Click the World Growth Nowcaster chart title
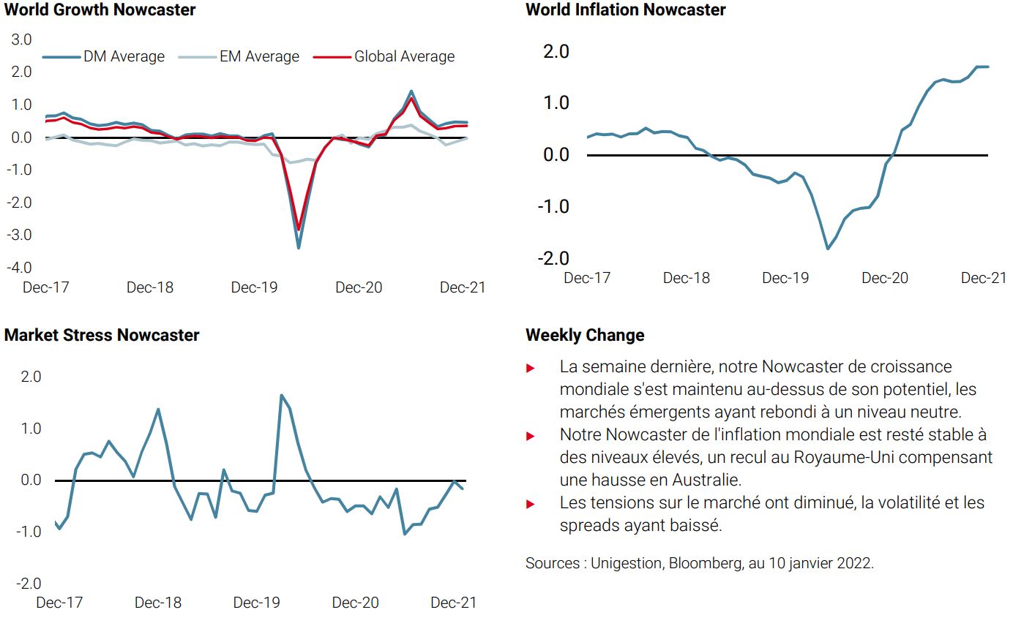[100, 10]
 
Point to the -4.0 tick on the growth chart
[19, 267]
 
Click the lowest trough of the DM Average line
[298, 247]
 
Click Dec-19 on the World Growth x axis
[254, 287]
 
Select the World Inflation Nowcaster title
[625, 10]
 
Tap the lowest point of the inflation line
[828, 249]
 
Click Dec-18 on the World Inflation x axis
[686, 278]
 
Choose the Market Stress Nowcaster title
[102, 335]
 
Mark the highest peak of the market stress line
[281, 395]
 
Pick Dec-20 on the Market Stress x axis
[355, 603]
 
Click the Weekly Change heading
[585, 335]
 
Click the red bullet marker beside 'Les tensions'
[531, 504]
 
